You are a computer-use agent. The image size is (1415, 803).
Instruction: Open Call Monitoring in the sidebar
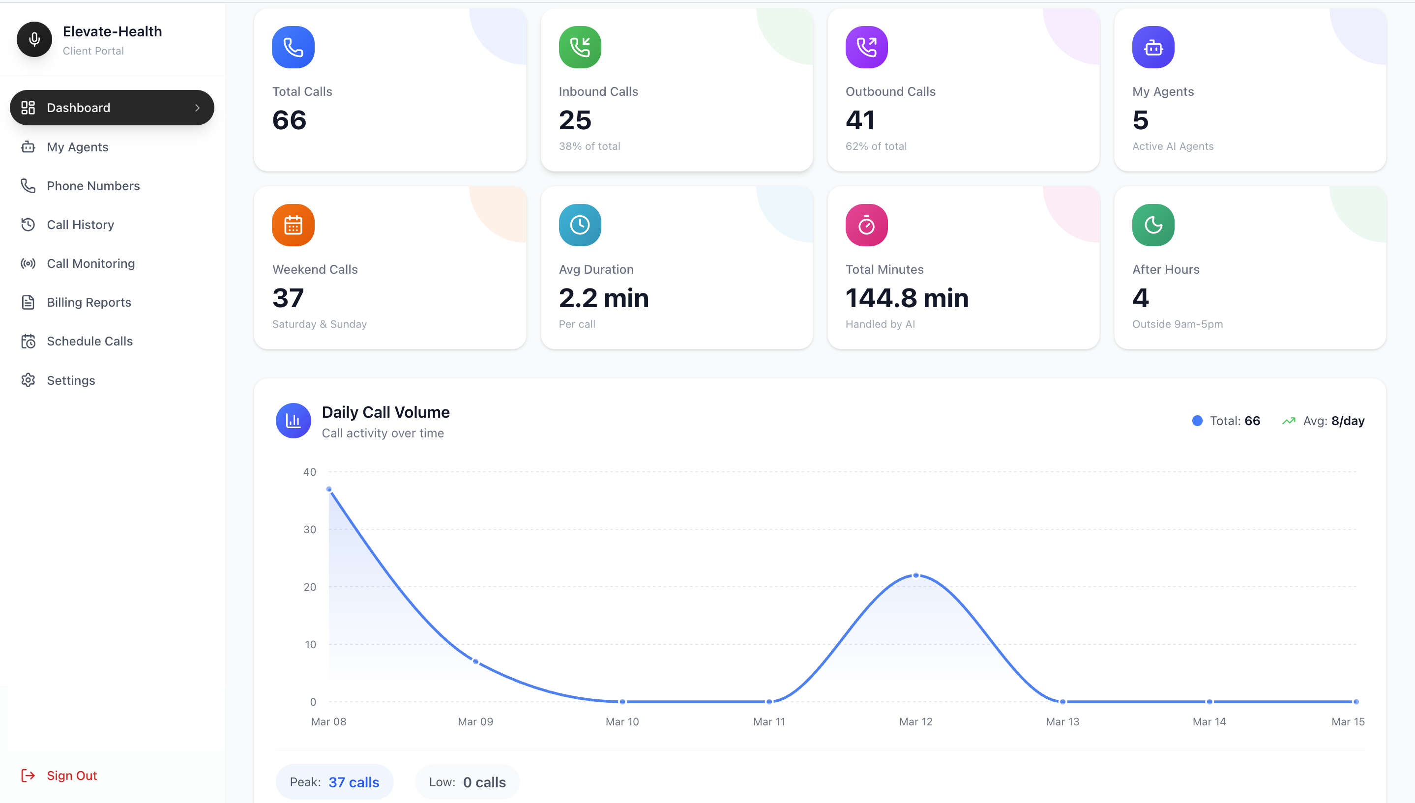click(x=90, y=263)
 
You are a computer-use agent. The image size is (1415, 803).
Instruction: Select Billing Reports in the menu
click(x=89, y=302)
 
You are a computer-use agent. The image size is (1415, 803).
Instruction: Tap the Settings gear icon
click(x=28, y=380)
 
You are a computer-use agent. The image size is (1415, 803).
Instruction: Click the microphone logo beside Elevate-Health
click(x=34, y=39)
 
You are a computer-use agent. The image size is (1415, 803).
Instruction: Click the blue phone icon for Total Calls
click(x=293, y=48)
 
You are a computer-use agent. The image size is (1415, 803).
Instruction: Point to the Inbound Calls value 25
click(x=575, y=120)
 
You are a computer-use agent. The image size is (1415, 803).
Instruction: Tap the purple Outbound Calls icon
click(x=866, y=48)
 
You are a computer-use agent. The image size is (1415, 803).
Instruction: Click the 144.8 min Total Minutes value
click(x=906, y=298)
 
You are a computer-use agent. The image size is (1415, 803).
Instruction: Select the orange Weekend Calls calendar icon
click(x=293, y=225)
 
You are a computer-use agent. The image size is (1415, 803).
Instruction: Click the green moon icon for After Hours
click(x=1153, y=225)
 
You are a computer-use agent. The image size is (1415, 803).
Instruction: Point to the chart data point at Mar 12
click(x=916, y=575)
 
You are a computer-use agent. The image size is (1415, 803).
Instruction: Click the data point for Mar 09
click(x=475, y=661)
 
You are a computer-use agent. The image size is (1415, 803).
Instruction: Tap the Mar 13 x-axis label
click(x=1062, y=721)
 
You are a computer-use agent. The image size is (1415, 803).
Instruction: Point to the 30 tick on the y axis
click(x=309, y=529)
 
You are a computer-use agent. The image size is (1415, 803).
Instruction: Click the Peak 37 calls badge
click(x=334, y=782)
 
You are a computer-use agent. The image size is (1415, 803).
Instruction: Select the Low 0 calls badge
click(x=467, y=782)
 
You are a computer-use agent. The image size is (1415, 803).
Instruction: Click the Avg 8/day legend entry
click(x=1324, y=421)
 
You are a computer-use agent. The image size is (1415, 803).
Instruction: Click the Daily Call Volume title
click(x=385, y=412)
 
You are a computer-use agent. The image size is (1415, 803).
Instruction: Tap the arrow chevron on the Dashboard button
click(x=197, y=108)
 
